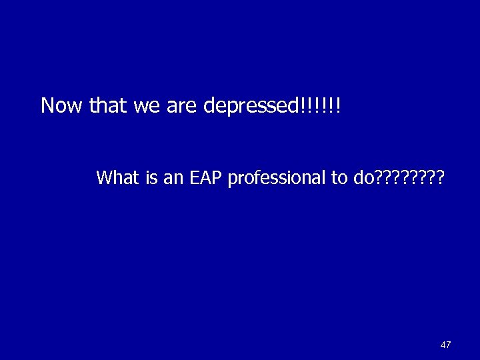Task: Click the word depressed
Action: pyautogui.click(x=251, y=107)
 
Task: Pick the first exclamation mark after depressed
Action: pyautogui.click(x=303, y=105)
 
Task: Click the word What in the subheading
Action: pyautogui.click(x=116, y=177)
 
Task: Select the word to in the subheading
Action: pyautogui.click(x=338, y=178)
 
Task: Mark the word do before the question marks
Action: pyautogui.click(x=363, y=177)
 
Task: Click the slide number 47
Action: pyautogui.click(x=445, y=345)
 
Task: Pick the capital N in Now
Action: pyautogui.click(x=48, y=105)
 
